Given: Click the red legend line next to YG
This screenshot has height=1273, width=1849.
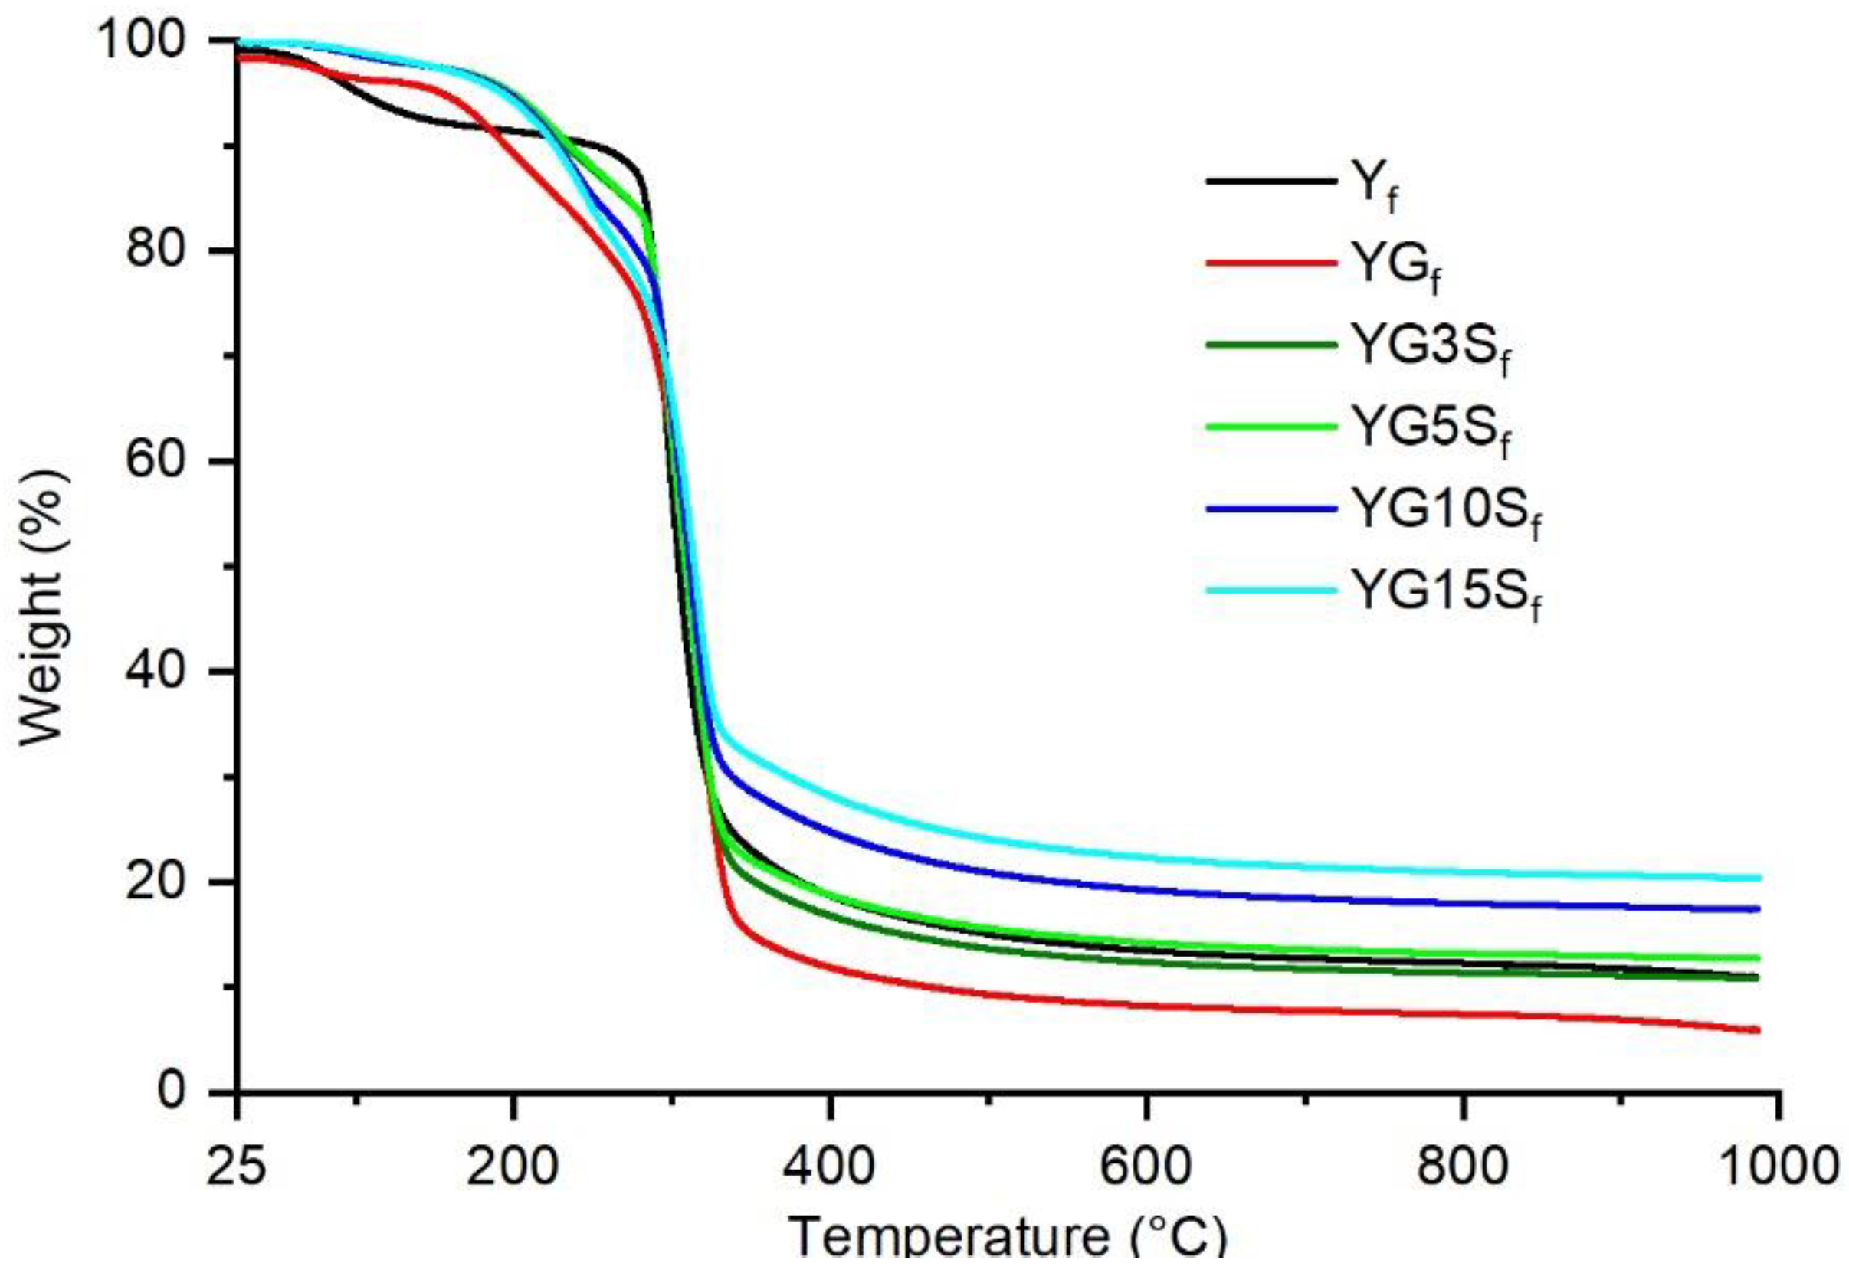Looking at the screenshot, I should coord(1270,263).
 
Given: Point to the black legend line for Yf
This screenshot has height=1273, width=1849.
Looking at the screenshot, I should coord(1270,182).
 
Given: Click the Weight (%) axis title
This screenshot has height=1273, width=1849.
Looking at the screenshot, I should coord(41,606).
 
